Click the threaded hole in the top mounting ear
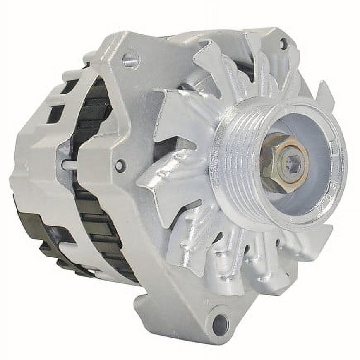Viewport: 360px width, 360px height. pyautogui.click(x=130, y=60)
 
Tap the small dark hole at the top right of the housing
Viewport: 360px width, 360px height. pyautogui.click(x=283, y=42)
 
